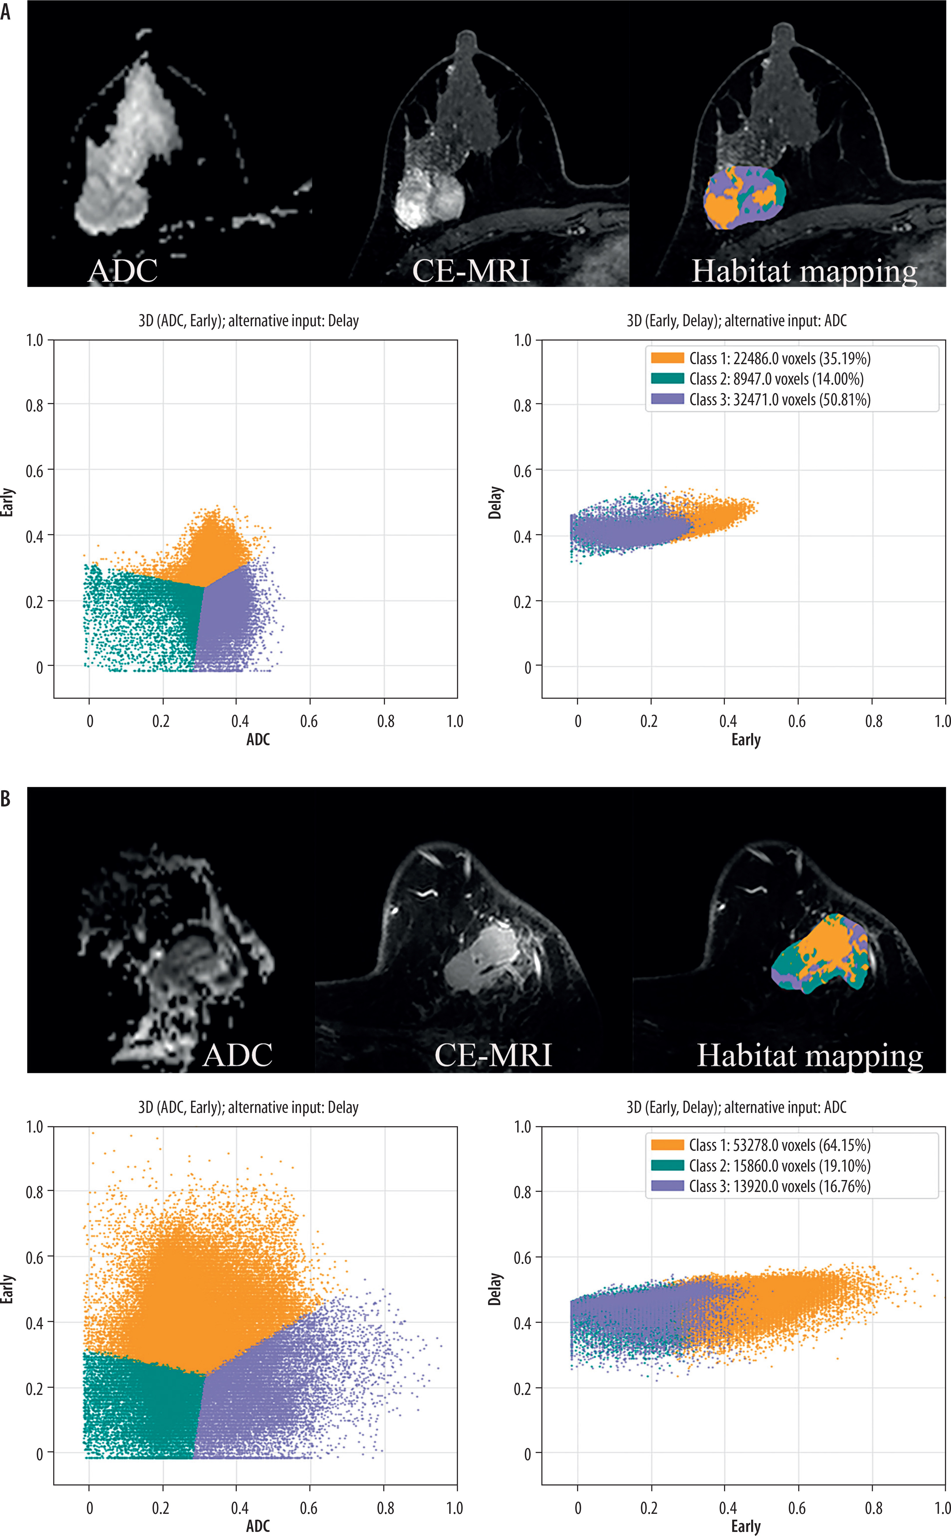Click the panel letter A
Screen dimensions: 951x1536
(x=6, y=11)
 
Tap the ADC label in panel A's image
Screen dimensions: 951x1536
(x=123, y=271)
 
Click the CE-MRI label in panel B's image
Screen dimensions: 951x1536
(x=493, y=1055)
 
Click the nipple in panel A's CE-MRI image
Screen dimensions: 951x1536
(x=466, y=39)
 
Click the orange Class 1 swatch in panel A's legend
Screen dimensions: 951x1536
(x=667, y=358)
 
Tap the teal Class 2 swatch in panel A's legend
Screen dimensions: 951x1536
(x=667, y=379)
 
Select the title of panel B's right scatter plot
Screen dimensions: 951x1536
(x=737, y=1107)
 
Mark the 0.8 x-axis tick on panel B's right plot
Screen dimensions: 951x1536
(x=874, y=1508)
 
